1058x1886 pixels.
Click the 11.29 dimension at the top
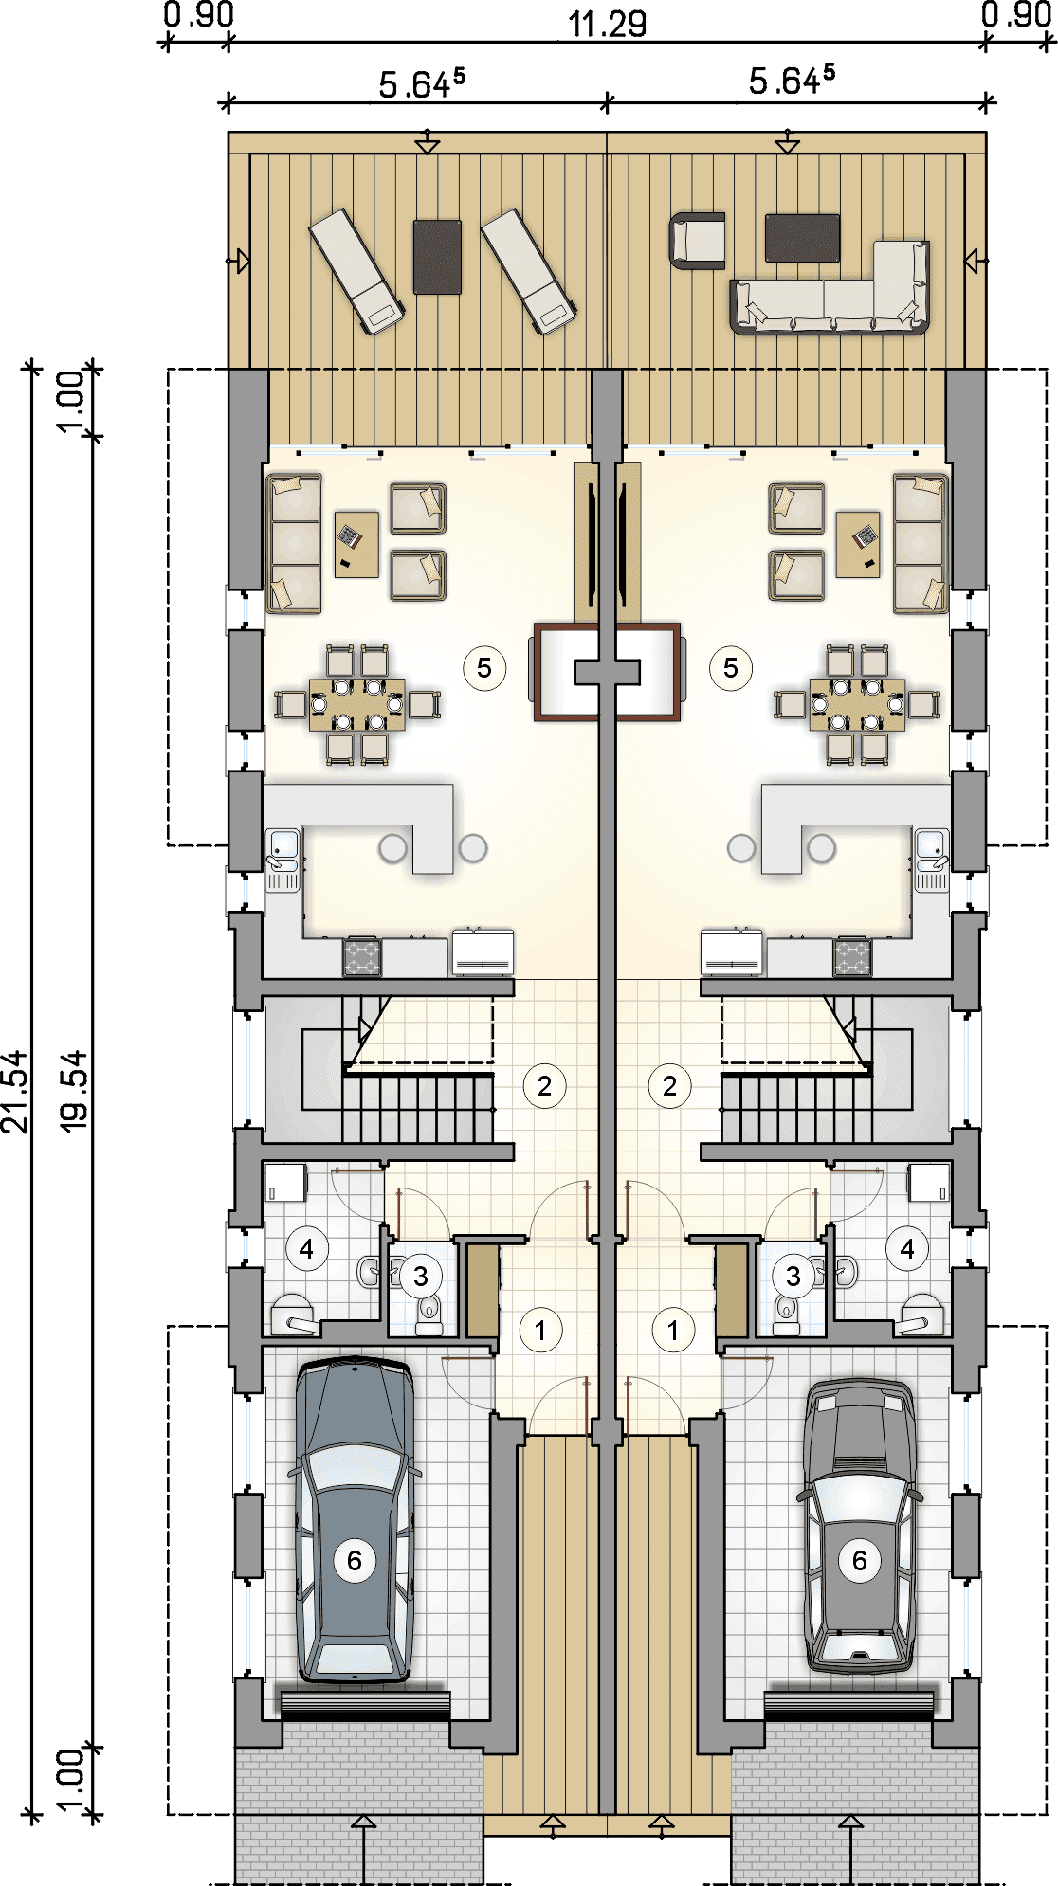coord(608,24)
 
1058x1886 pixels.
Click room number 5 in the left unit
coord(484,668)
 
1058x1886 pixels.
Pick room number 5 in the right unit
coord(731,668)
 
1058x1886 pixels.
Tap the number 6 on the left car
coord(355,1560)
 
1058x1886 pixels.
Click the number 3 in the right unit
coord(793,1276)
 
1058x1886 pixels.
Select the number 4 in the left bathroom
coord(306,1249)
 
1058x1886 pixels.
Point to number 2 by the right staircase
coord(670,1086)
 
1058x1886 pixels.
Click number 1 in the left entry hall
coord(540,1331)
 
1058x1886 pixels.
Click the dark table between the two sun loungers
coord(438,257)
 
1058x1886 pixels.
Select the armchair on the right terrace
coord(698,242)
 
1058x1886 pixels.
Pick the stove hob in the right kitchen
coord(852,956)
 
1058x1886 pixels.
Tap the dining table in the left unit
coord(357,704)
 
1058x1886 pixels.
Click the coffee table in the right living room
coord(858,544)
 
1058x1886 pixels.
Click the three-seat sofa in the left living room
coord(294,543)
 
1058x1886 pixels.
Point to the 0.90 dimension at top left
coord(198,16)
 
